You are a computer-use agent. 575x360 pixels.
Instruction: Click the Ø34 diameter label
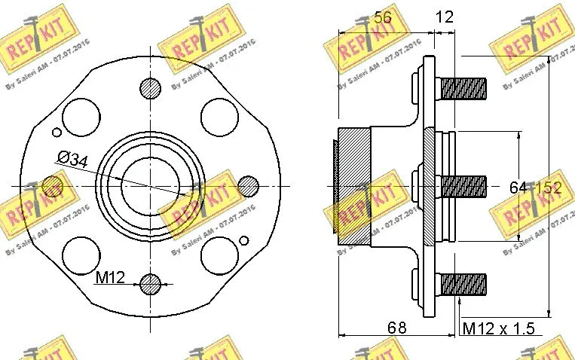tap(74, 158)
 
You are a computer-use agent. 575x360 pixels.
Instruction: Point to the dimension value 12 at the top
tap(445, 17)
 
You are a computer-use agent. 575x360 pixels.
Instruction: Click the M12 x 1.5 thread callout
tap(498, 328)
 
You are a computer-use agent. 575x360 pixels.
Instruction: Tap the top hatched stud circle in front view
tap(151, 87)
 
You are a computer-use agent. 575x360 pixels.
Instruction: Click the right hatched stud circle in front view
tap(248, 185)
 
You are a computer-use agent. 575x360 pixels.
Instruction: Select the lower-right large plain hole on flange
tap(220, 255)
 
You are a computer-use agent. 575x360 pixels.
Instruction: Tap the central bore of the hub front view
tap(149, 185)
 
